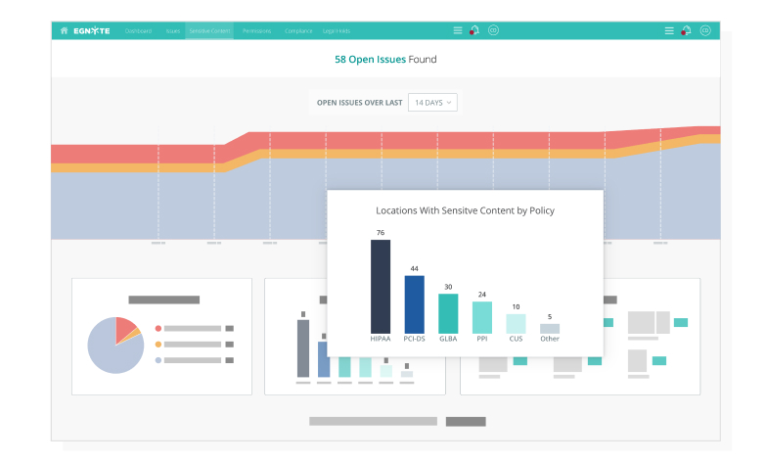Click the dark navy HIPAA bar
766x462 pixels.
pyautogui.click(x=380, y=286)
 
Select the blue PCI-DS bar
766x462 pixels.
pyautogui.click(x=414, y=303)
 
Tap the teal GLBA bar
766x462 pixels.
pyautogui.click(x=448, y=313)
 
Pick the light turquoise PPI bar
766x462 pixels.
pyautogui.click(x=481, y=317)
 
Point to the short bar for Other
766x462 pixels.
pyautogui.click(x=550, y=329)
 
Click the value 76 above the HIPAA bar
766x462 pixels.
pyautogui.click(x=380, y=232)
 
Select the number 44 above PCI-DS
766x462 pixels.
pyautogui.click(x=414, y=268)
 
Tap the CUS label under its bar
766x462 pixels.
pyautogui.click(x=516, y=339)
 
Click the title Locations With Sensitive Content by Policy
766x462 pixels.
pyautogui.click(x=465, y=210)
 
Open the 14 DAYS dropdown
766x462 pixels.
pyautogui.click(x=432, y=102)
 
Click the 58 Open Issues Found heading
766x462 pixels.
pyautogui.click(x=385, y=60)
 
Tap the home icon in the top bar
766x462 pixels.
pyautogui.click(x=65, y=30)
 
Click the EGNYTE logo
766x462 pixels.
pyautogui.click(x=92, y=30)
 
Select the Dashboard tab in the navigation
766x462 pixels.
pyautogui.click(x=138, y=30)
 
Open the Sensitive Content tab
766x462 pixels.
pyautogui.click(x=209, y=30)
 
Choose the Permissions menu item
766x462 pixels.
pyautogui.click(x=256, y=30)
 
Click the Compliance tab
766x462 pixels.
pyautogui.click(x=298, y=30)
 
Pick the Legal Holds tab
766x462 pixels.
pyautogui.click(x=337, y=30)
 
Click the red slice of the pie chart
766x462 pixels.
pyautogui.click(x=125, y=330)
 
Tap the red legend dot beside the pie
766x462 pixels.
pyautogui.click(x=158, y=328)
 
